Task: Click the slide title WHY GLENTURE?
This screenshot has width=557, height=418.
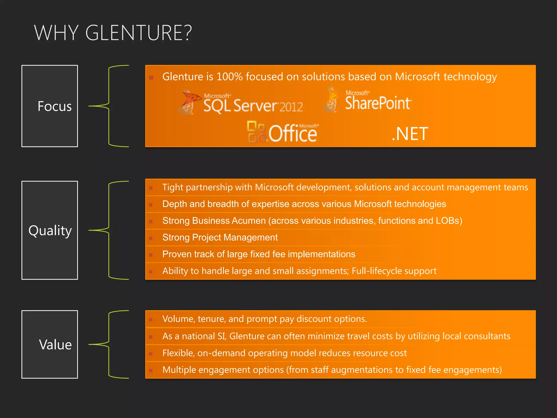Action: pos(113,33)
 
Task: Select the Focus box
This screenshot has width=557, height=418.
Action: pos(50,106)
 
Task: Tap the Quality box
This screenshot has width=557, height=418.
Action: pos(50,230)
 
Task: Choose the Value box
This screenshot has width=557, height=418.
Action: pos(50,344)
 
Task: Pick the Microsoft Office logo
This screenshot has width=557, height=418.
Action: pos(283,132)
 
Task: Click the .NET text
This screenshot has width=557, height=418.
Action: pos(410,134)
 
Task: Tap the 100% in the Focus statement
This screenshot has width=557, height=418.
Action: pos(230,77)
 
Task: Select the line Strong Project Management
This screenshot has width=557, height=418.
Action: pos(220,238)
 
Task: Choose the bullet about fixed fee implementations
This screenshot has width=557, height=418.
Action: pos(259,254)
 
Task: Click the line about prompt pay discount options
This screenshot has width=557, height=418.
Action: pos(264,319)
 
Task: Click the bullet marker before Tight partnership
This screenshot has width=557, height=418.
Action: pos(151,188)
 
